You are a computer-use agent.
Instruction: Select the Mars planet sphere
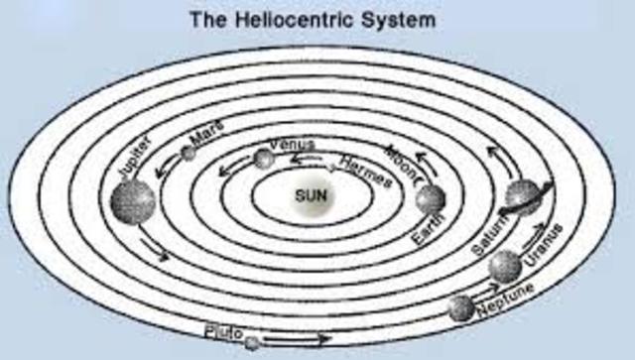pos(190,153)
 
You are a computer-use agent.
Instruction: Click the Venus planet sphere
pos(263,158)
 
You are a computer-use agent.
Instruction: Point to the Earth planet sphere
pos(430,198)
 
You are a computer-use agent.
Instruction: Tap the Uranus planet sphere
pos(505,265)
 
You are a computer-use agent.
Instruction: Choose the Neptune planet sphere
pos(460,308)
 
